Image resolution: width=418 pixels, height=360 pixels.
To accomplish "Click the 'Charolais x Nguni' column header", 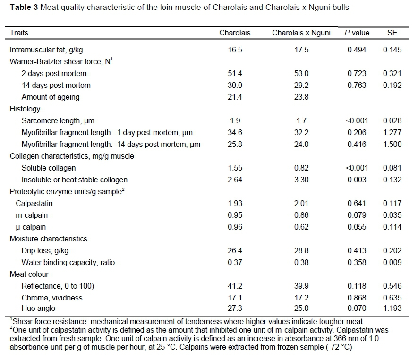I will [x=301, y=33].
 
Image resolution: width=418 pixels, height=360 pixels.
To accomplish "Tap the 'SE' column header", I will [x=392, y=33].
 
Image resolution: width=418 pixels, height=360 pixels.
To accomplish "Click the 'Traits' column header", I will [x=19, y=33].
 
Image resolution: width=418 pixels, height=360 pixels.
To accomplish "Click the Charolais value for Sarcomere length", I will [x=235, y=120].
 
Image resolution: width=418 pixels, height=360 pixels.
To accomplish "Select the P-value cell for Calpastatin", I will [x=357, y=203].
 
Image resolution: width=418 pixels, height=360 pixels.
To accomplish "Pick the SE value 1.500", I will [x=392, y=144].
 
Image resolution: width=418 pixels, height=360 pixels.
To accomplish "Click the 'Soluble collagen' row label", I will [x=49, y=168].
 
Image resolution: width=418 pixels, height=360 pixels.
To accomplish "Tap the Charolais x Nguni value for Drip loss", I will [x=301, y=250].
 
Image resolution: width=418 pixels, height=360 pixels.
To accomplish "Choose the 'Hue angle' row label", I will [x=38, y=309].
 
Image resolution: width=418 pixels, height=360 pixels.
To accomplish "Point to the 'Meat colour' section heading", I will [x=29, y=274].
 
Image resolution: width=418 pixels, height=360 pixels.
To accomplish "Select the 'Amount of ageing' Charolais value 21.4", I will [x=235, y=97].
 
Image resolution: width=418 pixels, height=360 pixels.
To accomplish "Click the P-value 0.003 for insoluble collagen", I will [x=357, y=180].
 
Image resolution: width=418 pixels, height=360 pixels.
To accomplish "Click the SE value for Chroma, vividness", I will [x=392, y=298].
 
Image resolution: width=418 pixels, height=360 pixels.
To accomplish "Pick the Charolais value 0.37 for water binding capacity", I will [x=235, y=262].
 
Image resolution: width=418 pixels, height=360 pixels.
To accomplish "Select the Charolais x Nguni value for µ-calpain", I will [x=301, y=227].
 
